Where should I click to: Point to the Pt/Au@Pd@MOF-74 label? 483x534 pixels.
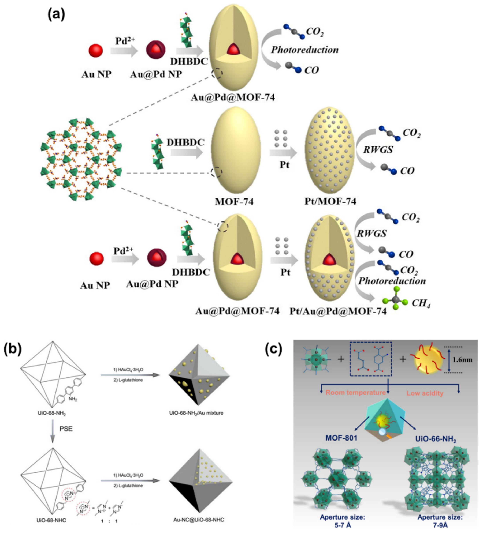pos(338,311)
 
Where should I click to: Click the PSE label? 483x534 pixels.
pos(66,428)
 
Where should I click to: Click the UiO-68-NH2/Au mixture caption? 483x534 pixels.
pos(196,413)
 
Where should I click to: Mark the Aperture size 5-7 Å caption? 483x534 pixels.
pos(342,520)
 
